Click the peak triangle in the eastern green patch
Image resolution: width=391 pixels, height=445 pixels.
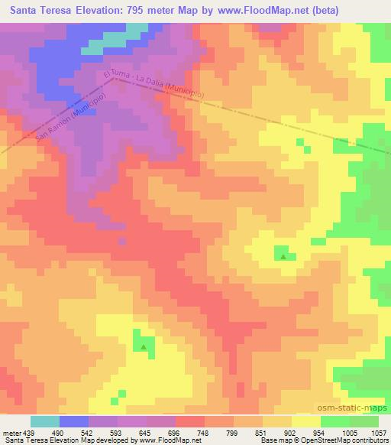pyautogui.click(x=283, y=257)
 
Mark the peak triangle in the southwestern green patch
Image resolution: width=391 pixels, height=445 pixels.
pyautogui.click(x=144, y=346)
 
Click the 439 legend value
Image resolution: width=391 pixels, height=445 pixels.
pyautogui.click(x=29, y=433)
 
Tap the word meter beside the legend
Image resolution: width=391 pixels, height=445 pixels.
pyautogui.click(x=11, y=433)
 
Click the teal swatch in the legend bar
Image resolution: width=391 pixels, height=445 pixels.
pyautogui.click(x=45, y=421)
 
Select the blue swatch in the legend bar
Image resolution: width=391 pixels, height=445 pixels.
pyautogui.click(x=74, y=421)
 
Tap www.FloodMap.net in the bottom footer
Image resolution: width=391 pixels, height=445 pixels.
pyautogui.click(x=166, y=440)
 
